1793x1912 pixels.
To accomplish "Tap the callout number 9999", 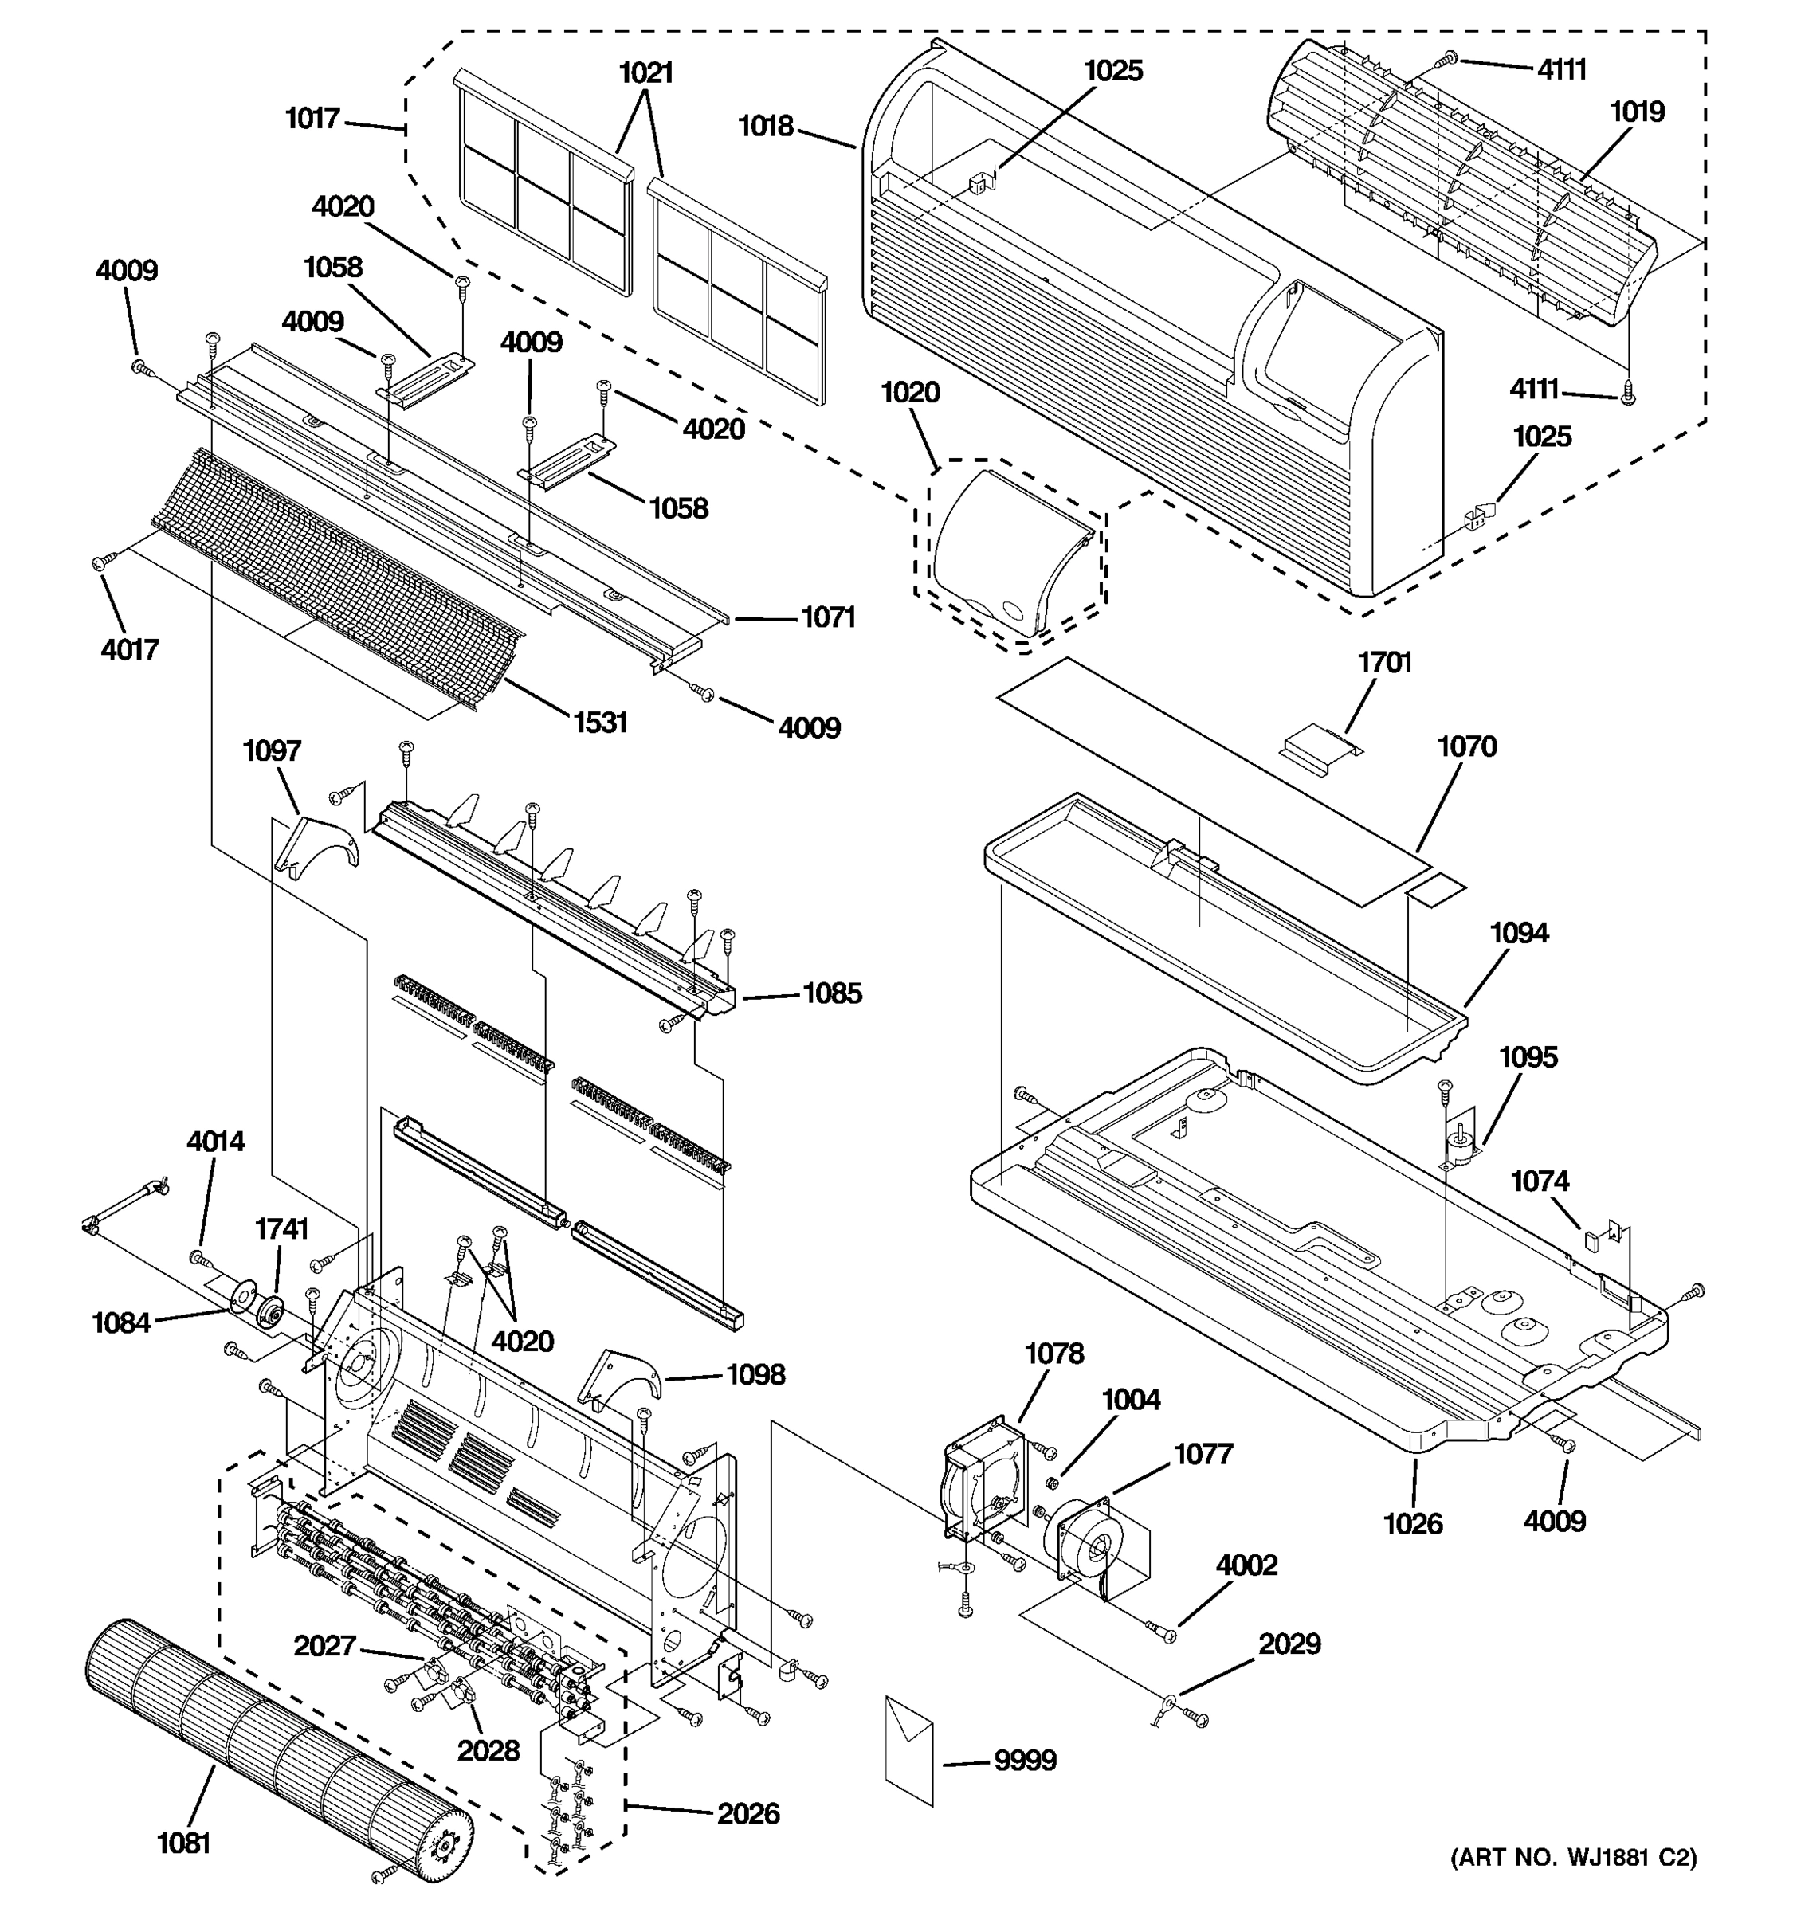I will [x=1025, y=1761].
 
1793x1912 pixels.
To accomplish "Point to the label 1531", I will [x=600, y=723].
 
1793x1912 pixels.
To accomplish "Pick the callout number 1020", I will [x=910, y=393].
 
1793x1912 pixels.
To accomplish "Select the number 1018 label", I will [x=766, y=126].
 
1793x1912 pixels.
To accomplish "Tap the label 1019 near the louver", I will [x=1637, y=112].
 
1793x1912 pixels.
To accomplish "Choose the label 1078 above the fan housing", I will [x=1054, y=1354].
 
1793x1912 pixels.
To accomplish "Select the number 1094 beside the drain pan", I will [x=1519, y=933].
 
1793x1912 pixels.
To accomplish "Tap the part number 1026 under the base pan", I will [x=1413, y=1524].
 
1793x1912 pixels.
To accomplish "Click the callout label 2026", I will [x=748, y=1814].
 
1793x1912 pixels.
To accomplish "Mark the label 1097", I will [x=273, y=751].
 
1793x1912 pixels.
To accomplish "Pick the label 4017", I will [x=130, y=650].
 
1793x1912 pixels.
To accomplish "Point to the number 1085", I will [x=832, y=993].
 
